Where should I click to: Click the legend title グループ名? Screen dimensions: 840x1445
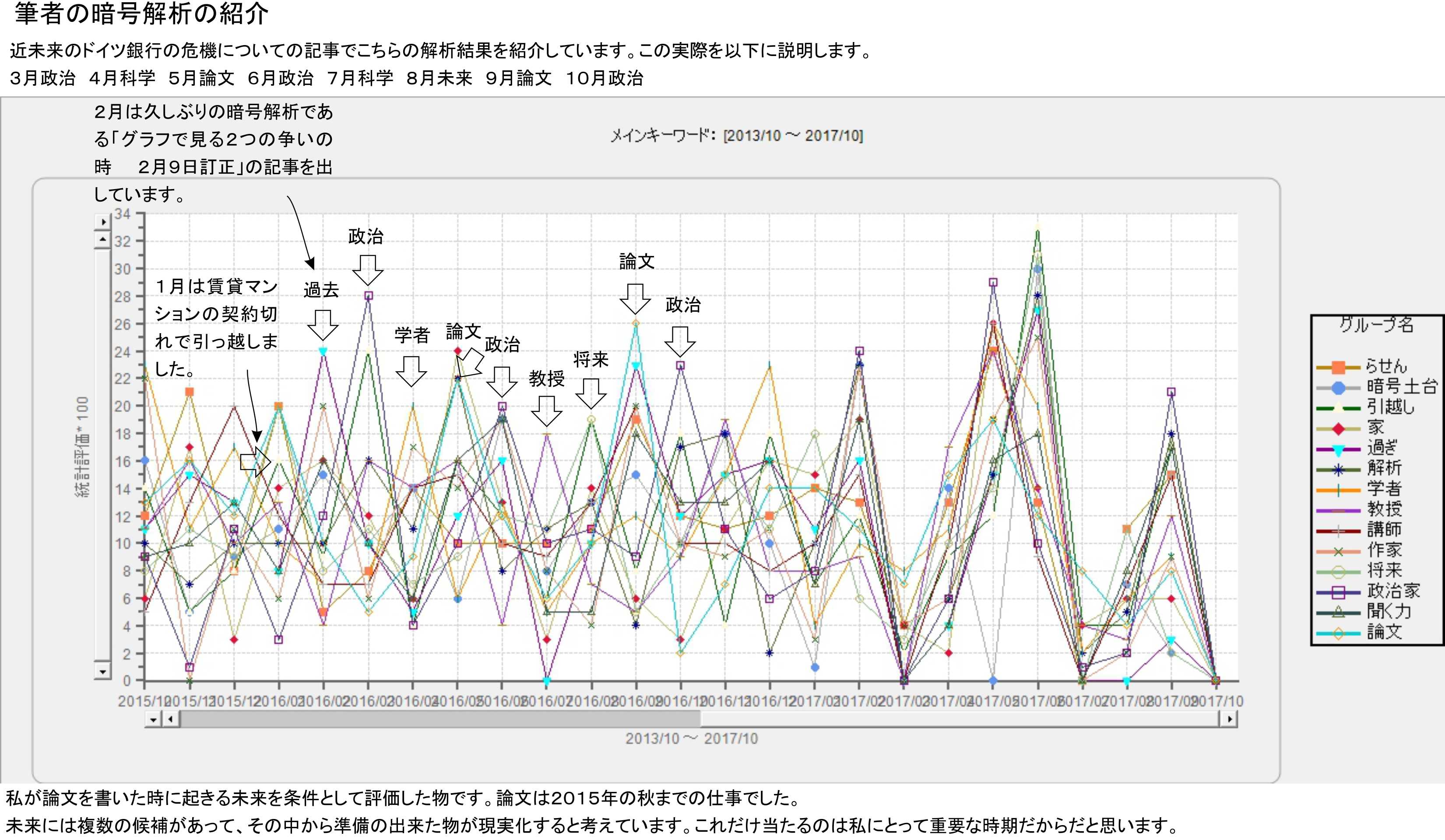(x=1376, y=325)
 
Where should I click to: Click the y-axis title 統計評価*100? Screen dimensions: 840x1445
(x=83, y=447)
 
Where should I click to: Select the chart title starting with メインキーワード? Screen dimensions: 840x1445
(x=736, y=136)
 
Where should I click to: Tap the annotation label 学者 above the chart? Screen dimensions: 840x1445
(x=412, y=335)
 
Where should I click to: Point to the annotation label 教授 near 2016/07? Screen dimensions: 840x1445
(x=546, y=379)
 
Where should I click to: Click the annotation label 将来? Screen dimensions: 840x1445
(x=591, y=359)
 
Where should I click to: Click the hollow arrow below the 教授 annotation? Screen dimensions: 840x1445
(x=546, y=411)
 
